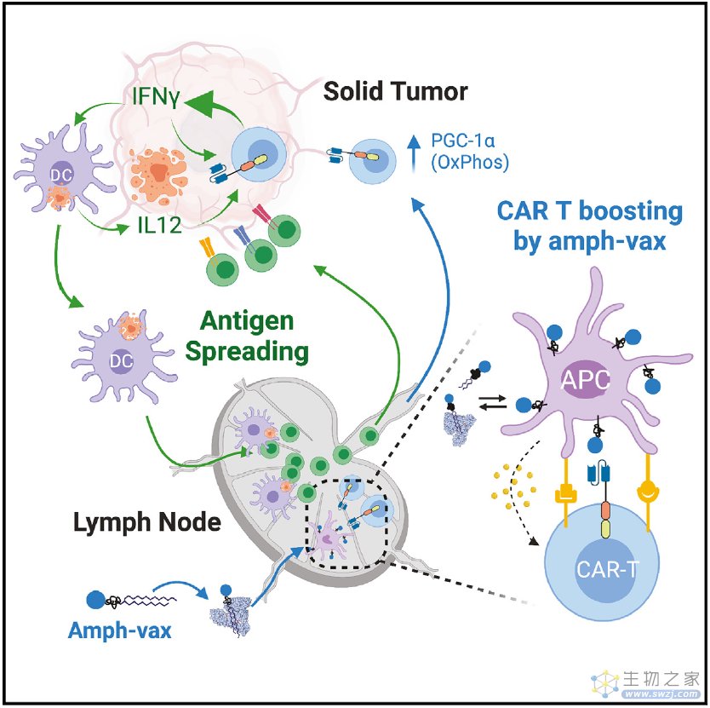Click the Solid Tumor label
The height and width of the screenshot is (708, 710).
tap(395, 91)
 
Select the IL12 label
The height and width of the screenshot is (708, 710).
tap(160, 225)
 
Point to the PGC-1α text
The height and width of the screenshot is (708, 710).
tap(462, 141)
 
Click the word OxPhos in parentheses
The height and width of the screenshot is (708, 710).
tap(470, 162)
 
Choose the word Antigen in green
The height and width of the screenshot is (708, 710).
tap(247, 321)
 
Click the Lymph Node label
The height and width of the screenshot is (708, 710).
tap(147, 522)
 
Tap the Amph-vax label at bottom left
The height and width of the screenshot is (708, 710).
tap(119, 630)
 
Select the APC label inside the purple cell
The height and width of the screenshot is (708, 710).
tap(585, 380)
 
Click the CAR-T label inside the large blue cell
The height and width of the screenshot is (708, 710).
tap(607, 569)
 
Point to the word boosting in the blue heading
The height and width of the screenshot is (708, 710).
tap(631, 212)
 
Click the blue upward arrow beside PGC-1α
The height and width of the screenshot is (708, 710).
tap(413, 153)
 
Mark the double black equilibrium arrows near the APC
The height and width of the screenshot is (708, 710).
tap(493, 402)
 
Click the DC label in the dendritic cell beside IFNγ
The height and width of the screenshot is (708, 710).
tap(61, 175)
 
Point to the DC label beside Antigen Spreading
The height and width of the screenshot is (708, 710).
tap(122, 360)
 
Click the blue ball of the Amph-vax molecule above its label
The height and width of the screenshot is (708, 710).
tap(95, 600)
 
